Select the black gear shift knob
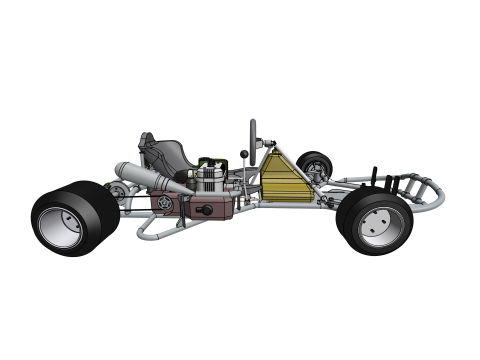242,155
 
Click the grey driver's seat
168,154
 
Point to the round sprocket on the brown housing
161,206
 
